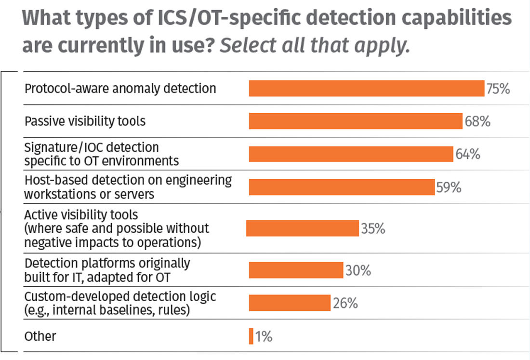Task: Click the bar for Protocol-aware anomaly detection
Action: (x=366, y=89)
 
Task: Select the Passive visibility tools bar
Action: (x=356, y=121)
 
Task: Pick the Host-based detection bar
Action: (x=342, y=187)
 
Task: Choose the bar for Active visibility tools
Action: (x=303, y=228)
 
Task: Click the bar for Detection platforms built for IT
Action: (x=296, y=270)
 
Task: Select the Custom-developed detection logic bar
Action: (x=290, y=303)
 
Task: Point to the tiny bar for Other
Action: (x=251, y=336)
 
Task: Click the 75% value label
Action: (x=498, y=89)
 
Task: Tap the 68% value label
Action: (x=477, y=121)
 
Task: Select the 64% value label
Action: (x=467, y=154)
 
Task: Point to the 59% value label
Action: (x=449, y=187)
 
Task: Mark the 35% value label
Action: (x=373, y=229)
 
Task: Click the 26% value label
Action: (x=345, y=303)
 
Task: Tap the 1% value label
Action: (x=264, y=336)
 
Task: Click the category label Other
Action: (x=40, y=336)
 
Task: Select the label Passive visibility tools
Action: (x=85, y=121)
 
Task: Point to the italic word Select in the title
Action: (x=247, y=45)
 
